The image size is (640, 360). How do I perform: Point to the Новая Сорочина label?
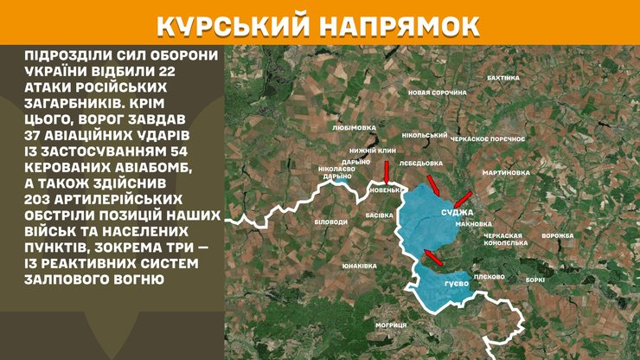(437, 92)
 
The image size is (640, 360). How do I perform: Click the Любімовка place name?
(354, 127)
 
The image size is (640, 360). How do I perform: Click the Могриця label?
(391, 325)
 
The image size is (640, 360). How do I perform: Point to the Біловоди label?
(330, 222)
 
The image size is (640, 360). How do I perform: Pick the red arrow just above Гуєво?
(434, 256)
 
